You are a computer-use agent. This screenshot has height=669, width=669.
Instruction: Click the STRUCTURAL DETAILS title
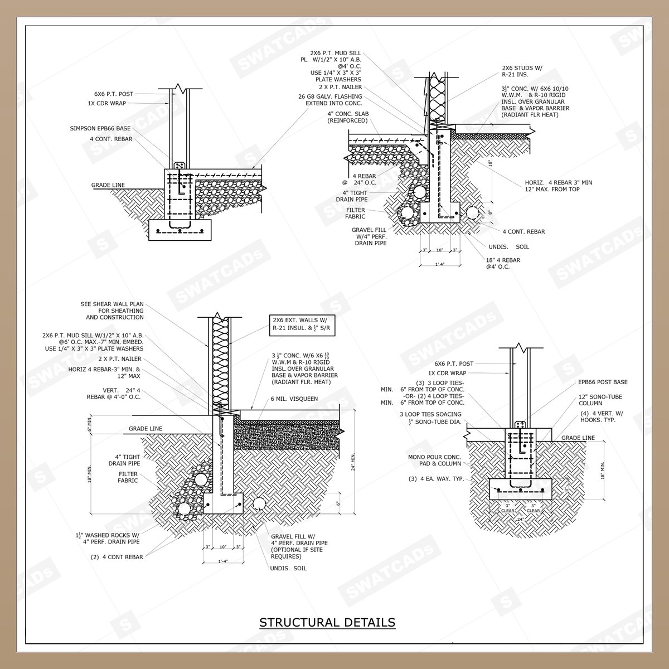point(327,622)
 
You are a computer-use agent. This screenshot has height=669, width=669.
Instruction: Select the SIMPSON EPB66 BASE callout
point(100,128)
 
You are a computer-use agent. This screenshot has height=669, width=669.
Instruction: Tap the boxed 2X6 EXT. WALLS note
point(302,325)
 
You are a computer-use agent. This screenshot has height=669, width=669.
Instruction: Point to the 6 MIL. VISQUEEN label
point(294,399)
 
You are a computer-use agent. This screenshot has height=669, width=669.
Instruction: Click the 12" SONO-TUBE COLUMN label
point(600,400)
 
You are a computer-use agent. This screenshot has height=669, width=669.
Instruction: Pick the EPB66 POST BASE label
point(603,382)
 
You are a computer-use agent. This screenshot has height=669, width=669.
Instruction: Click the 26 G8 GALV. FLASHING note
point(330,100)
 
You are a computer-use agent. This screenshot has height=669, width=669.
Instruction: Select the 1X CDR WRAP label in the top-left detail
point(107,104)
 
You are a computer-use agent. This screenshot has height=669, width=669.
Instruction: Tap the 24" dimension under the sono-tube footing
point(520,520)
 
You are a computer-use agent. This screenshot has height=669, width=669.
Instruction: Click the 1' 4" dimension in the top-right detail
point(439,264)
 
